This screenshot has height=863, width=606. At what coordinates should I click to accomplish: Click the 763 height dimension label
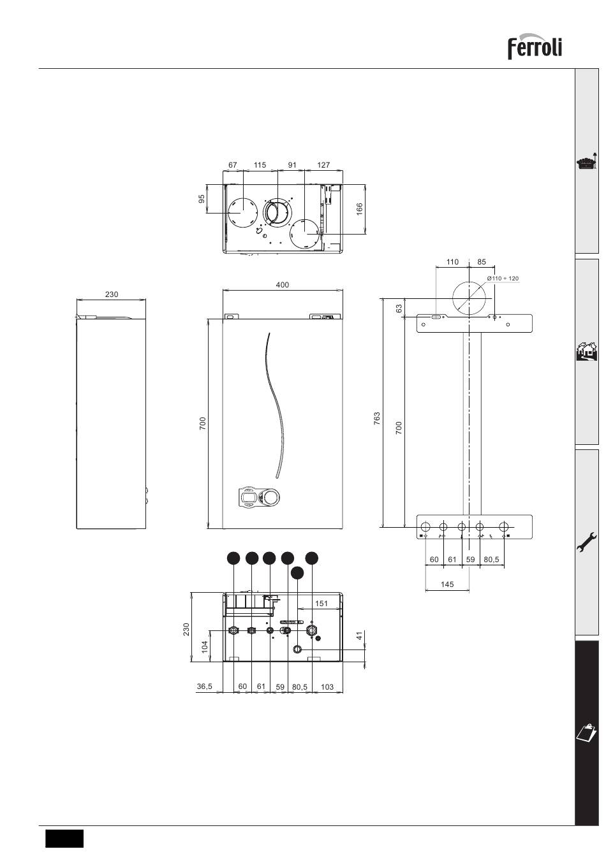click(377, 418)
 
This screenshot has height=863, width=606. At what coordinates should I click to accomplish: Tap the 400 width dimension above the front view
click(283, 285)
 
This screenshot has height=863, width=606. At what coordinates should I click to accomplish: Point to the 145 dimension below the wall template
click(447, 584)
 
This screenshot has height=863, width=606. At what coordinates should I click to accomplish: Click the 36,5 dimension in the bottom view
click(205, 686)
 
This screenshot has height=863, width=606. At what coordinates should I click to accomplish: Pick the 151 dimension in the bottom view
click(321, 603)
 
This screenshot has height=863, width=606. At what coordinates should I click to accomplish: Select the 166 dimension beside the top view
click(360, 209)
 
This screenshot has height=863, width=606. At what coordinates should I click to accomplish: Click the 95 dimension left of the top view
click(202, 199)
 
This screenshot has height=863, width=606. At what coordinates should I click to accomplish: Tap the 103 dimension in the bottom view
click(327, 686)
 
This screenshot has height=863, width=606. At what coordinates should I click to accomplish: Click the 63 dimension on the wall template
click(399, 308)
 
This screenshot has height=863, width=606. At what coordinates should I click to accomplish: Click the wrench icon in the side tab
click(587, 542)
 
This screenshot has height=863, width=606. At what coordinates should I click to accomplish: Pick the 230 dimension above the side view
click(112, 294)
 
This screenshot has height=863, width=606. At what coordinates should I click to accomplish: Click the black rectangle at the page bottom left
click(64, 838)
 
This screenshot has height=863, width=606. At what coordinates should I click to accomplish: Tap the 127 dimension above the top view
click(323, 165)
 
